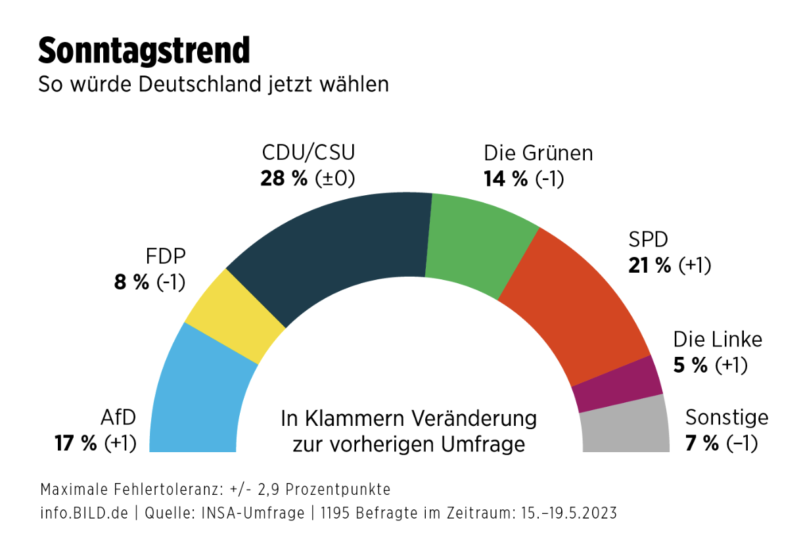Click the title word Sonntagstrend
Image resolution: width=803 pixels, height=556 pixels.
click(x=144, y=51)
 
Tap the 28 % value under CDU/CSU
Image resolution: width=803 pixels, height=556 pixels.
click(x=284, y=178)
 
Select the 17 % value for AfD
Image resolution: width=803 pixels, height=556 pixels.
click(x=76, y=443)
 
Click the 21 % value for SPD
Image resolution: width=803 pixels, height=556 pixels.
click(x=650, y=265)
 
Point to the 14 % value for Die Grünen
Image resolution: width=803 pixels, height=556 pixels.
click(x=506, y=178)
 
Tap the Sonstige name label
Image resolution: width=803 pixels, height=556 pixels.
click(x=727, y=417)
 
